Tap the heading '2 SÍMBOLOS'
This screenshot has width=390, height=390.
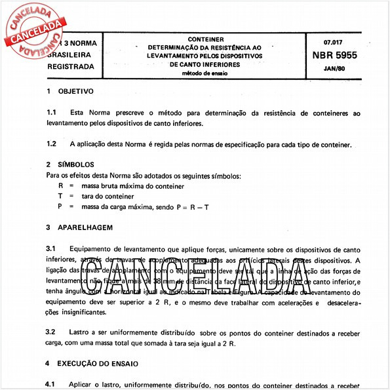tap(71, 164)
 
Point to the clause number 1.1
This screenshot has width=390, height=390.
tap(51, 113)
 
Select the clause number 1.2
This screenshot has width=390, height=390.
tap(51, 144)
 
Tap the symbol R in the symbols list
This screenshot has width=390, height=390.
tap(61, 186)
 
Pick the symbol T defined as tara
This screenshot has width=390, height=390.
tap(61, 196)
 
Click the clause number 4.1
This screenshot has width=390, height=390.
tap(51, 382)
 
